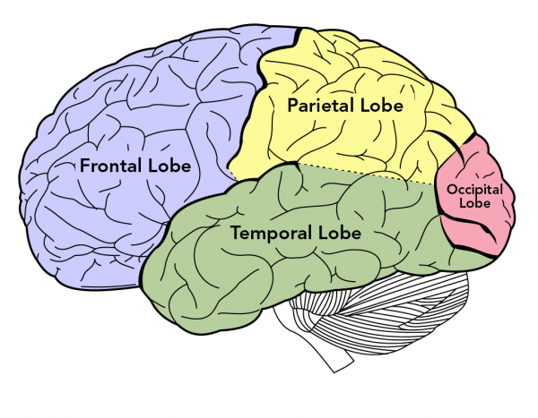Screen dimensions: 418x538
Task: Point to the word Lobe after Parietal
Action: coord(381,106)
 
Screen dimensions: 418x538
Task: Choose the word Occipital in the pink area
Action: coord(475,189)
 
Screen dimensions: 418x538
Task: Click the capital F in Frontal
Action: coord(85,166)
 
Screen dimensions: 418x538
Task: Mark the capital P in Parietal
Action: coord(292,106)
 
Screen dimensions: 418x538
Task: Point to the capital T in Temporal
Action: coord(237,234)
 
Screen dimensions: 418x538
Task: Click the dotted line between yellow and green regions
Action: coord(359,173)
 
